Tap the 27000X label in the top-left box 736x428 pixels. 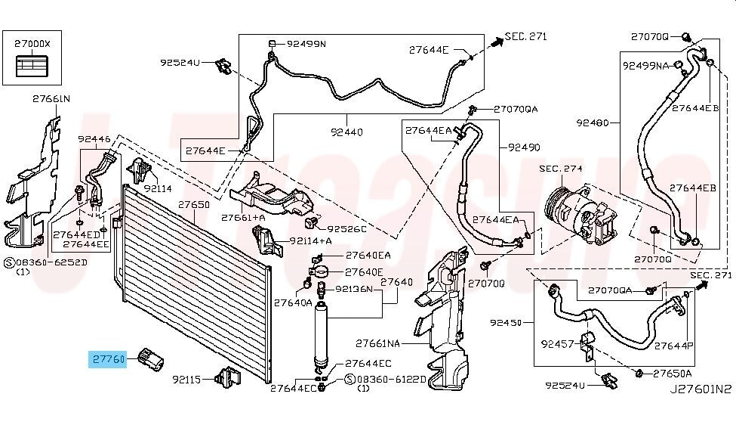pos(32,43)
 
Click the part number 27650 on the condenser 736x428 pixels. pos(194,205)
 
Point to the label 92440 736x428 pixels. pos(346,132)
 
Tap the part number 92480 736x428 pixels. pos(592,121)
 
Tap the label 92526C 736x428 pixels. pos(346,228)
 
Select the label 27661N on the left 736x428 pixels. pos(51,98)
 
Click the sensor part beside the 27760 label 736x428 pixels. pos(152,361)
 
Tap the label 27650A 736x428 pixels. pos(672,373)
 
